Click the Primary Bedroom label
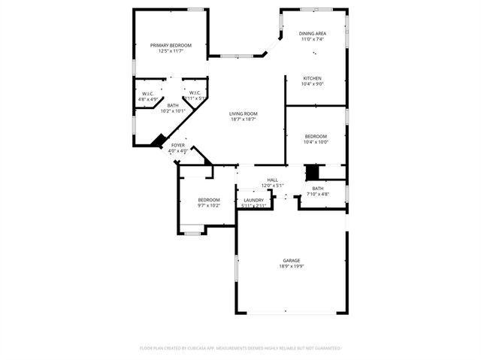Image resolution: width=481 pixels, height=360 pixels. [x=171, y=45]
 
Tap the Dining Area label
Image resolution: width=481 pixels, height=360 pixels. [x=313, y=34]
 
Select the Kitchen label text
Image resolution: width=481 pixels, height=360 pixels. [x=313, y=78]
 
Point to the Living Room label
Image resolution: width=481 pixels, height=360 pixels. [x=244, y=113]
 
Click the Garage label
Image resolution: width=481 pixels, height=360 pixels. [x=292, y=260]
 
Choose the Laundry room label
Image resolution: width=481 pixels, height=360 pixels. [x=254, y=200]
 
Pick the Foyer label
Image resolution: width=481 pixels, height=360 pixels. [x=178, y=145]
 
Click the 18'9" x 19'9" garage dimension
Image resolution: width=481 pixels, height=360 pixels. [x=292, y=266]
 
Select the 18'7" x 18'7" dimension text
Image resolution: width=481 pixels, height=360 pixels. [x=244, y=119]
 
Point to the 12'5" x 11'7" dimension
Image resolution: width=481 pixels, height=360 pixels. [x=171, y=51]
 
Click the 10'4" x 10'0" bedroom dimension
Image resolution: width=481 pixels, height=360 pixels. [x=316, y=142]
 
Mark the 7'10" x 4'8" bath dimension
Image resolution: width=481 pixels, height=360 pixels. [x=318, y=194]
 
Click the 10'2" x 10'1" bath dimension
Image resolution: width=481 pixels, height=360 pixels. [x=173, y=111]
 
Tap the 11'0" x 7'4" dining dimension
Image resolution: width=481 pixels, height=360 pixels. [x=313, y=40]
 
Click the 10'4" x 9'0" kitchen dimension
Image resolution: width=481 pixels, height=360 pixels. [x=313, y=84]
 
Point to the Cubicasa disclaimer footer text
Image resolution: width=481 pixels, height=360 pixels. [x=240, y=348]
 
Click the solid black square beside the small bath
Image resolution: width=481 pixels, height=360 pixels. [x=312, y=172]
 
